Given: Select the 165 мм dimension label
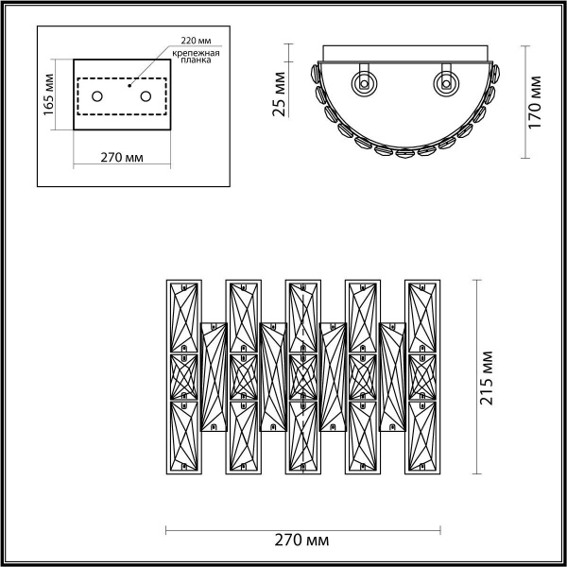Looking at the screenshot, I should [x=49, y=92].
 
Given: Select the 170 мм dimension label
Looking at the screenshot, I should [x=536, y=101].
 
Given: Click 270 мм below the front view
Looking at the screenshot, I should [x=302, y=541].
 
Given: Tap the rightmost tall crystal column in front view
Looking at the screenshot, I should [x=422, y=375].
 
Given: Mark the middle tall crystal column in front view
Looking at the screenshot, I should [x=301, y=375].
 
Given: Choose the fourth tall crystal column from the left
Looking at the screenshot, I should [x=362, y=375].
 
